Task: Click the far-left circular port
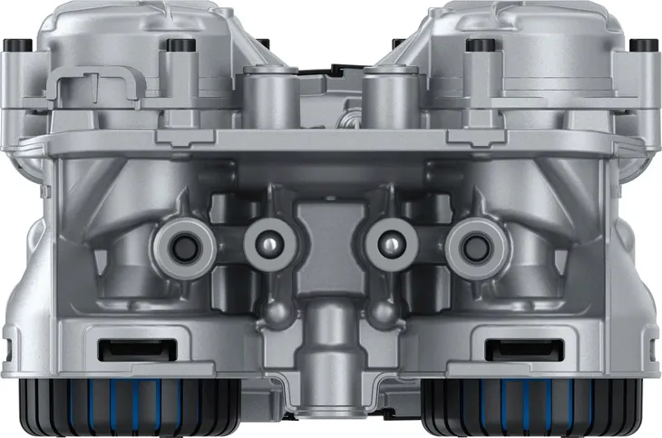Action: tap(183, 242)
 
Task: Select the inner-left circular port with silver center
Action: tap(266, 241)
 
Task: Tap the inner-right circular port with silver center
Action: tap(391, 241)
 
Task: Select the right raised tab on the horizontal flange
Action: tap(475, 137)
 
